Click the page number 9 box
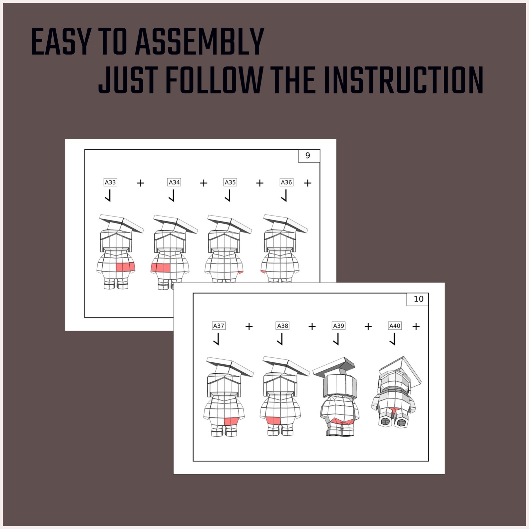(309, 156)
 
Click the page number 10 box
(418, 299)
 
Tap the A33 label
(110, 182)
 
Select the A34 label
(174, 182)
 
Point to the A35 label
(230, 182)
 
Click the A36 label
(286, 182)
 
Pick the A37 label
(219, 326)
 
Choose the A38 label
(283, 326)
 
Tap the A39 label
(339, 326)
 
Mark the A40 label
(395, 326)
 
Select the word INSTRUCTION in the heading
(403, 80)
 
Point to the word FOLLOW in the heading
(214, 80)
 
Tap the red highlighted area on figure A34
(160, 268)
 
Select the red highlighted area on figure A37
(232, 421)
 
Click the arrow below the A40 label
(393, 339)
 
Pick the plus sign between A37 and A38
(249, 326)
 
